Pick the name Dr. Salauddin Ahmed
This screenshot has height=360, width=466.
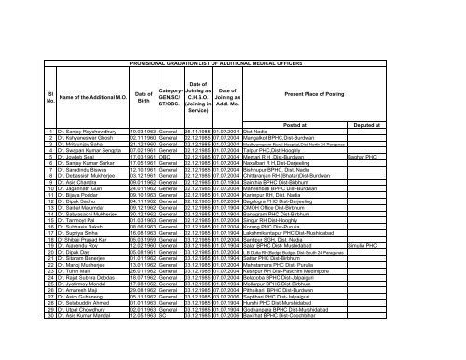(60, 329)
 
